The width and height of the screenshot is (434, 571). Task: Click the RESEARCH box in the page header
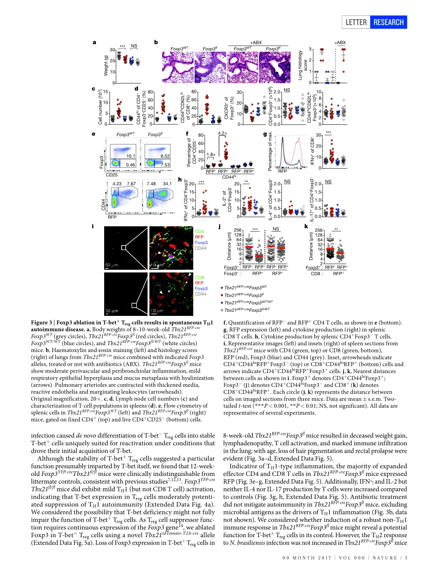coord(389,22)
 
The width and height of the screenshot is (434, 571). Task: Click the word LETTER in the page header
coord(357,22)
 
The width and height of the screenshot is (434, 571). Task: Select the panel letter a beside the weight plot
coord(94,43)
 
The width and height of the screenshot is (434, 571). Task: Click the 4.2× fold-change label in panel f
coord(222,133)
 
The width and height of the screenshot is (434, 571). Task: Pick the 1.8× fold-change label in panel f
coord(210,154)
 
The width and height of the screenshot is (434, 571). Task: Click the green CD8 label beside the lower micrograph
coord(200,277)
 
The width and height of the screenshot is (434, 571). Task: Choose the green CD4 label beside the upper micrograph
coord(200,232)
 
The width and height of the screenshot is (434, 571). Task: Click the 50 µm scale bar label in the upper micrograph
coord(112,265)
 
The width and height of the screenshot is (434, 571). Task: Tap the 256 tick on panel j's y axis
coord(236,230)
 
